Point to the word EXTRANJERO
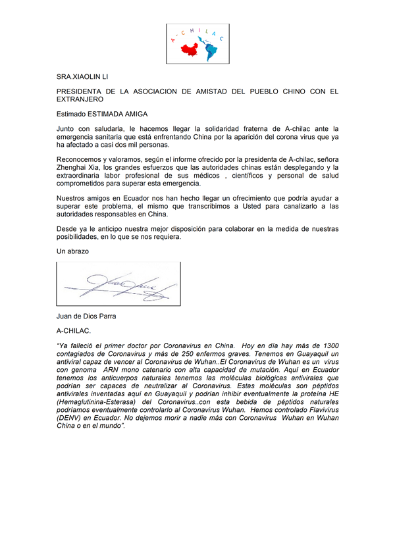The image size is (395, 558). pos(80,100)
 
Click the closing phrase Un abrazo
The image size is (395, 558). pos(72,251)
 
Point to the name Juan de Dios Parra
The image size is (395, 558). pos(86,317)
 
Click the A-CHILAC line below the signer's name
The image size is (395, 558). pos(74,331)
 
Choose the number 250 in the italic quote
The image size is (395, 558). pos(182,353)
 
